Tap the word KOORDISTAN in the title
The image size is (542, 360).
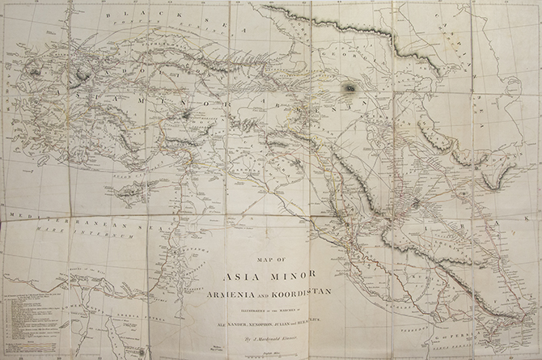coord(306,292)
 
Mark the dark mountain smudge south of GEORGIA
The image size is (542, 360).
coord(350,87)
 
